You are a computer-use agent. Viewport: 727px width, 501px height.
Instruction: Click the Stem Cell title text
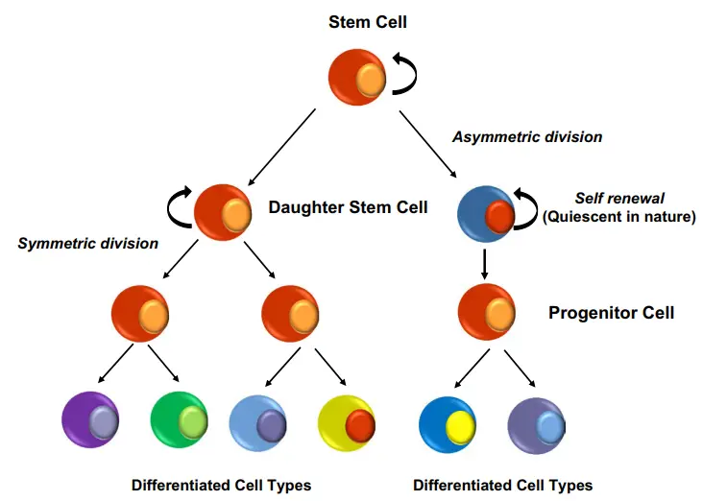click(364, 20)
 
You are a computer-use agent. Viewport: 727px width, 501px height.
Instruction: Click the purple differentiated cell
click(89, 420)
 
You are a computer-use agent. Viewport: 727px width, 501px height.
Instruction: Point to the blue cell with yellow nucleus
click(448, 420)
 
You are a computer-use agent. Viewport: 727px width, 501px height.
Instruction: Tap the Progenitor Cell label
click(611, 313)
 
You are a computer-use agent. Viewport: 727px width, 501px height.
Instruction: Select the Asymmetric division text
click(527, 136)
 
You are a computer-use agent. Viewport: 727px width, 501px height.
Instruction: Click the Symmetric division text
click(88, 243)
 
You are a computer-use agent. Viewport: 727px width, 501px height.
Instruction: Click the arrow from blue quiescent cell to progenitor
click(484, 262)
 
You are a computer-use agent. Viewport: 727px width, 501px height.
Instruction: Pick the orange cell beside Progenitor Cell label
click(486, 312)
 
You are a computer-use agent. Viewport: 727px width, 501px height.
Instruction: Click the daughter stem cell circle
click(223, 211)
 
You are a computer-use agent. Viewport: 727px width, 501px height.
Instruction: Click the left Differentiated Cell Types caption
click(221, 485)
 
